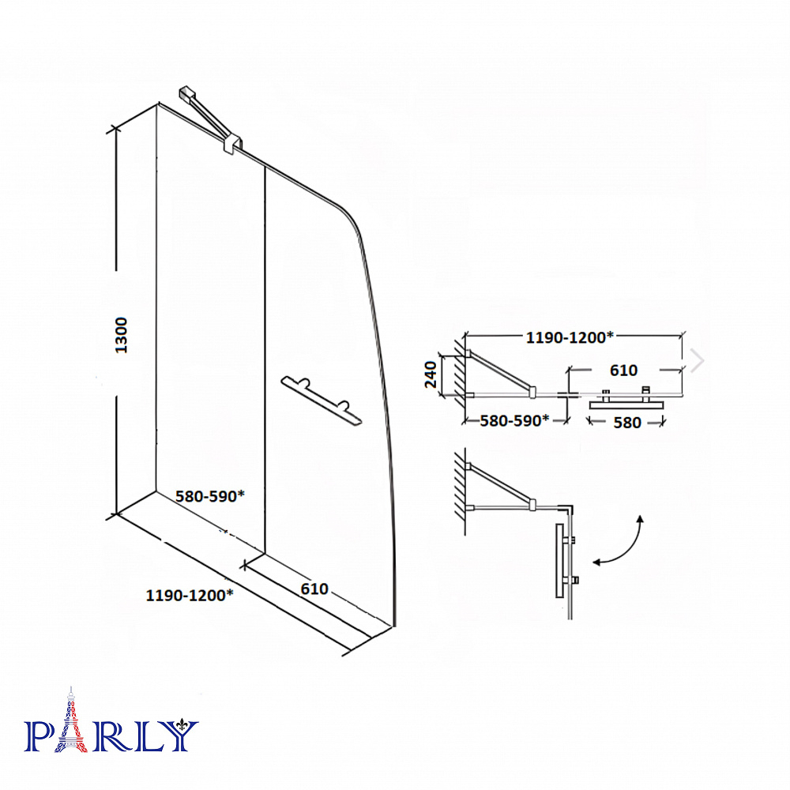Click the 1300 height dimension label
121,335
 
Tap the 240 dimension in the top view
431,374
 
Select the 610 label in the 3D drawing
314,589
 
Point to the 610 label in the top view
624,371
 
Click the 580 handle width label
627,423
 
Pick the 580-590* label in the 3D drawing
209,496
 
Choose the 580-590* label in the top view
514,421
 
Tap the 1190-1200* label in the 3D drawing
190,596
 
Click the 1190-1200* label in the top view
570,337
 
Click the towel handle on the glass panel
322,400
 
